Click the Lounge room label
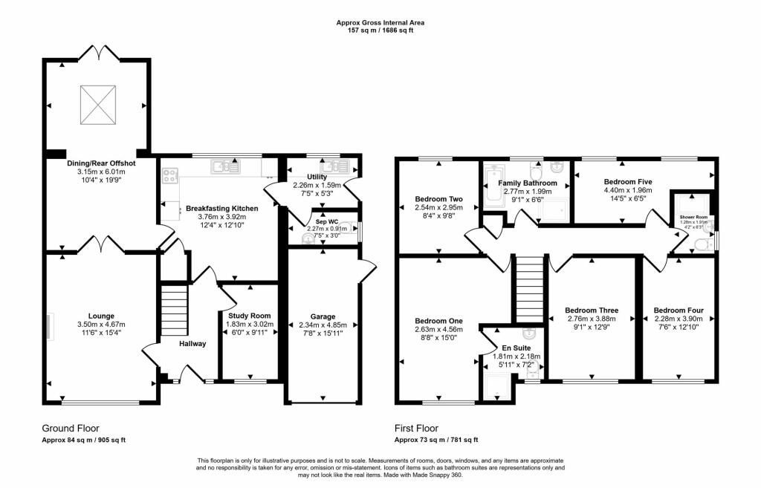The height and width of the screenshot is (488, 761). coord(102,315)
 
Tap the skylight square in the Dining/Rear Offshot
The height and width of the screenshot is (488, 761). coord(98,105)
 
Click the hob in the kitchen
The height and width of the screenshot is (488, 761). coord(170,176)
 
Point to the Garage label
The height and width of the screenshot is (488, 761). coord(323,316)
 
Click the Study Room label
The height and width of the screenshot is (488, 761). coord(249,316)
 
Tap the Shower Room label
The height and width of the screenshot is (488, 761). coord(693,217)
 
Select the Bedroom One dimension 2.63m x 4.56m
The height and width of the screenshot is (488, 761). coord(438,329)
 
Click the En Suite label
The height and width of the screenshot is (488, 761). coord(517,348)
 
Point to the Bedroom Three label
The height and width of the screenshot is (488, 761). coord(592,310)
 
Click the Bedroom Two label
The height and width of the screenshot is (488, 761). coord(438,199)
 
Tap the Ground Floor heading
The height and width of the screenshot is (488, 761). coord(70,429)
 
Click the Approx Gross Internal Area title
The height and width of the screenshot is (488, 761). coord(380,23)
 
